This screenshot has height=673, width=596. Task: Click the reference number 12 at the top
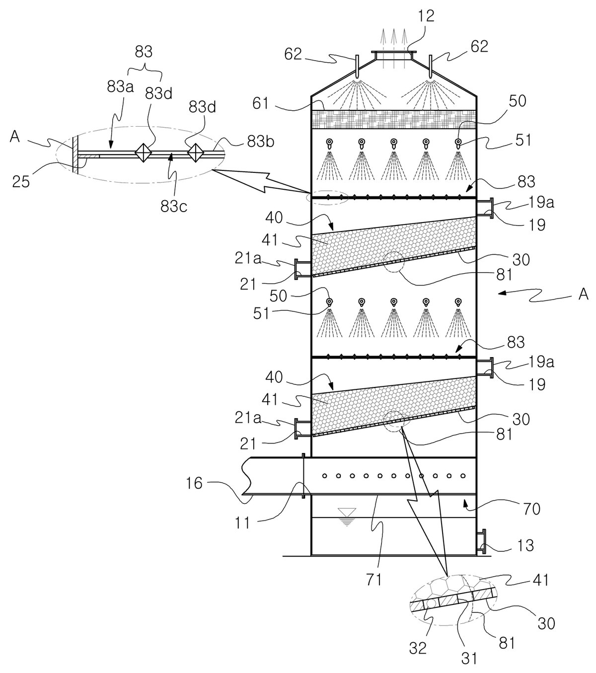(427, 16)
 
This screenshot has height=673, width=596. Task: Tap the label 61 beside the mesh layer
(260, 103)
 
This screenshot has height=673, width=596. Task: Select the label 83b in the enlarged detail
(261, 142)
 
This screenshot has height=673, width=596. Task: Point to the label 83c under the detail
(174, 206)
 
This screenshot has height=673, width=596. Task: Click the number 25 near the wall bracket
(21, 182)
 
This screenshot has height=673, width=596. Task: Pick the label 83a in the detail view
(120, 87)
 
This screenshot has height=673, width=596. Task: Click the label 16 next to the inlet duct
(194, 483)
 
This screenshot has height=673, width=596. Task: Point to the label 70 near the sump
(531, 509)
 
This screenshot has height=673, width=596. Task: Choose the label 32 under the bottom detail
(418, 629)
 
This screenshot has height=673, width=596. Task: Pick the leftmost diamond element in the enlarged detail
(143, 152)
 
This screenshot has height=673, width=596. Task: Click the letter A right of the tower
(584, 295)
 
